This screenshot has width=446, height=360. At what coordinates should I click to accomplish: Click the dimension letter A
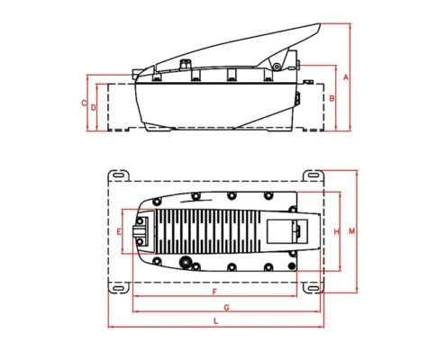[346, 77]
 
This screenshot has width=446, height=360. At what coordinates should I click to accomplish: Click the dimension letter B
[332, 98]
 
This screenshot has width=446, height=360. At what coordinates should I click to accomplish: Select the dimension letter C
[84, 103]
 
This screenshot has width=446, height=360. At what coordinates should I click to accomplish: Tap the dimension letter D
[93, 107]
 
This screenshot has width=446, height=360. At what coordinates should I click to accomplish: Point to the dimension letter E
[119, 231]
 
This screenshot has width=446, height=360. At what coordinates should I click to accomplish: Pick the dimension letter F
[214, 292]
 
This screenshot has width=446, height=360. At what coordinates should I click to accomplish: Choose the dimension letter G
[227, 308]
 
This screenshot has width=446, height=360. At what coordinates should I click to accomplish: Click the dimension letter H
[337, 231]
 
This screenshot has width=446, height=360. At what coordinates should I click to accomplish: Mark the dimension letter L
[215, 321]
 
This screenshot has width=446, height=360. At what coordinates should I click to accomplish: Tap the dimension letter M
[351, 231]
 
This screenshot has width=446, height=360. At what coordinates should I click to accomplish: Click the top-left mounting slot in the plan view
[118, 175]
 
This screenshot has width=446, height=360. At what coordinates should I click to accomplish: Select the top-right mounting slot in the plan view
[313, 175]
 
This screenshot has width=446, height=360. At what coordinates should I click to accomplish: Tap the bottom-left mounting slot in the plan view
[119, 288]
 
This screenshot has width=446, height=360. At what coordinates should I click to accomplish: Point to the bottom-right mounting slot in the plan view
[314, 288]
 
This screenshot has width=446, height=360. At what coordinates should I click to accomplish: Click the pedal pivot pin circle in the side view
[277, 67]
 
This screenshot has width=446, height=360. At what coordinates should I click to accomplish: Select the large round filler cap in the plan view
[186, 261]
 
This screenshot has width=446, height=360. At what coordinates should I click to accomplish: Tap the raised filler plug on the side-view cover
[184, 65]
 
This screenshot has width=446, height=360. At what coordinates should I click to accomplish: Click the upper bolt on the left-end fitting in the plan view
[140, 221]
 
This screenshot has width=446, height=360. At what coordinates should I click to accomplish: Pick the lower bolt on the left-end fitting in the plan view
[140, 241]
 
